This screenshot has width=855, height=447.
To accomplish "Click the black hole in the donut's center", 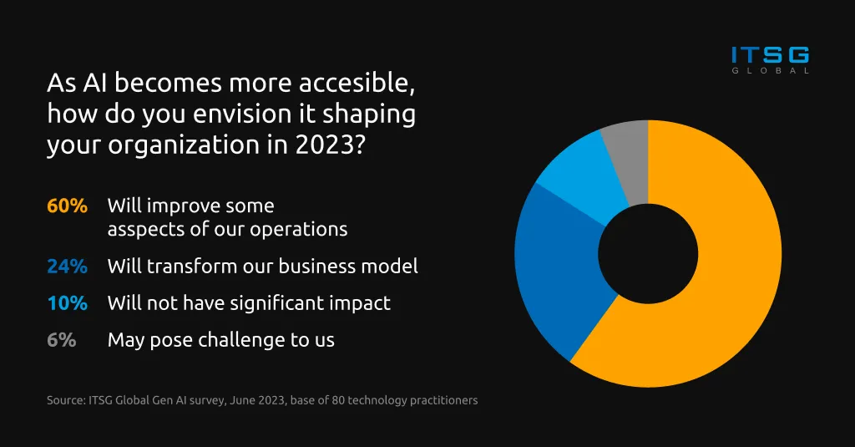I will [648, 253].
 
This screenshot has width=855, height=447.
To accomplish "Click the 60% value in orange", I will [67, 206].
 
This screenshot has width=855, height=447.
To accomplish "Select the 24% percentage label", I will [67, 267].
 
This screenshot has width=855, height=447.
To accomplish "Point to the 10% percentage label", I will [67, 303].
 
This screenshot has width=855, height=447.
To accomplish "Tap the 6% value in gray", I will [62, 340].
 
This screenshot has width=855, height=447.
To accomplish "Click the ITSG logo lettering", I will [770, 55].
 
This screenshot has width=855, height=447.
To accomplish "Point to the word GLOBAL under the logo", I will [770, 72].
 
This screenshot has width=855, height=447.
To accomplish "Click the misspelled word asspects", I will [144, 229].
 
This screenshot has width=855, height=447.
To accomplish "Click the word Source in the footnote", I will [64, 400].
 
